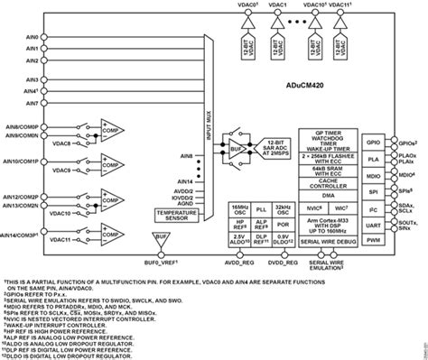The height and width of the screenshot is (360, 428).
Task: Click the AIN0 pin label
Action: coord(33,38)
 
